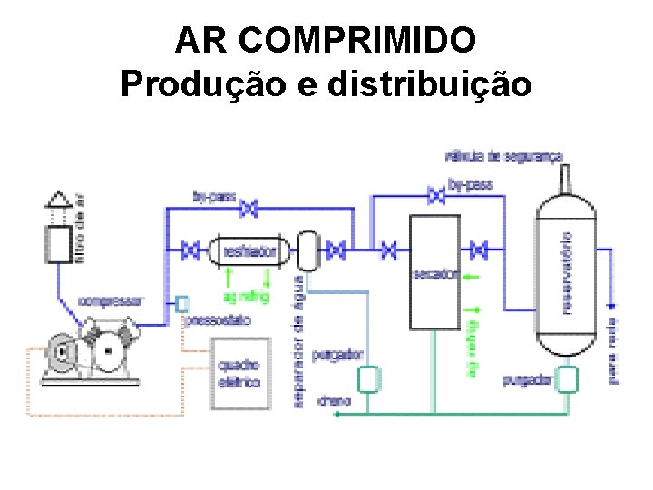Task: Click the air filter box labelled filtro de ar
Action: pos(59,243)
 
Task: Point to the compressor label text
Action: pos(110,300)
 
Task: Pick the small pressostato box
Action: pos(183,303)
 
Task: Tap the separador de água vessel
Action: pos(308,249)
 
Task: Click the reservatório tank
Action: pos(568,272)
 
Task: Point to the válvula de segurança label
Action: pos(503,156)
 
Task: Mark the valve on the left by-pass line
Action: pos(248,210)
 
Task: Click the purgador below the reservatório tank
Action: pos(567,379)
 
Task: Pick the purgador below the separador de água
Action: pos(368,378)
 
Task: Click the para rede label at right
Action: pos(614,353)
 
